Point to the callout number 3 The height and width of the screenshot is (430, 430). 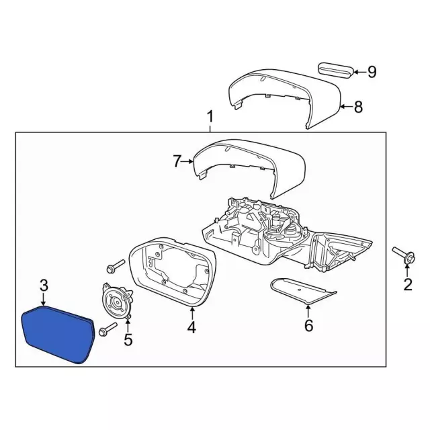coord(44,286)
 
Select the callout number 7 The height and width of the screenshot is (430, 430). coord(177,161)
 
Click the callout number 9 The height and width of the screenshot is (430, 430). coord(372,71)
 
